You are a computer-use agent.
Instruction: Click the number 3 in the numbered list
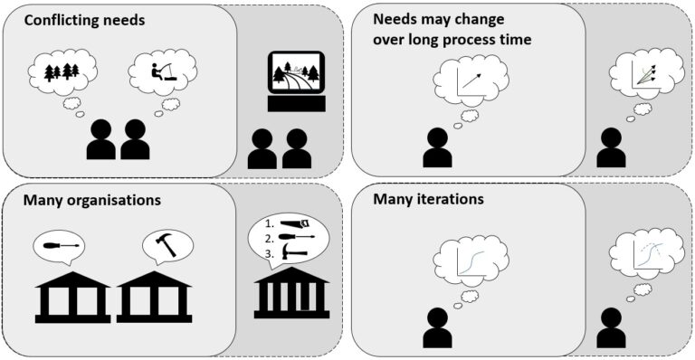coord(269,256)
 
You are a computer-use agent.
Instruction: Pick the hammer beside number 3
coord(296,255)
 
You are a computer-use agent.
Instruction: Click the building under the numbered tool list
coord(291,294)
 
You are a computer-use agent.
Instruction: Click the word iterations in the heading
coord(447,198)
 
